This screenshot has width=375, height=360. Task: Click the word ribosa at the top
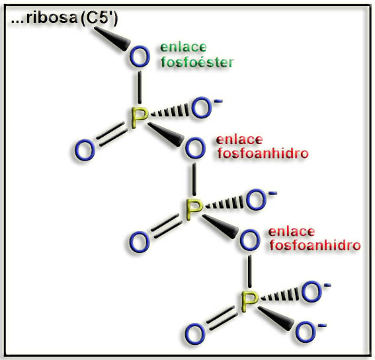pyautogui.click(x=52, y=17)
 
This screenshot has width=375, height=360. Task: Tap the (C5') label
pyautogui.click(x=99, y=18)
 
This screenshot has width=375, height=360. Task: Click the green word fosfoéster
pyautogui.click(x=197, y=62)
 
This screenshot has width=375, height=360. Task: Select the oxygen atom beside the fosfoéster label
pyautogui.click(x=140, y=56)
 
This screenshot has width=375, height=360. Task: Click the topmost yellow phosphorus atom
pyautogui.click(x=139, y=118)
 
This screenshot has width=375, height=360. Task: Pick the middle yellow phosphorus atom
pyautogui.click(x=194, y=209)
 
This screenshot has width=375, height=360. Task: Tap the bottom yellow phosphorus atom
pyautogui.click(x=249, y=301)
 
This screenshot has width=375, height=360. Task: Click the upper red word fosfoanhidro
pyautogui.click(x=263, y=153)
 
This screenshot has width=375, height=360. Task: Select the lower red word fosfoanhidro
pyautogui.click(x=315, y=245)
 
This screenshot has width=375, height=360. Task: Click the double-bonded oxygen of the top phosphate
pyautogui.click(x=85, y=150)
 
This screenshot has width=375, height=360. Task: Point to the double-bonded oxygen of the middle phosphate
pyautogui.click(x=139, y=242)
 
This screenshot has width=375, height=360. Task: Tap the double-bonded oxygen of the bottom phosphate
pyautogui.click(x=195, y=334)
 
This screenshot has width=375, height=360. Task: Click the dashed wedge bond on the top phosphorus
pyautogui.click(x=170, y=112)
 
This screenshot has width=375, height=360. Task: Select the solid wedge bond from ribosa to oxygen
pyautogui.click(x=112, y=38)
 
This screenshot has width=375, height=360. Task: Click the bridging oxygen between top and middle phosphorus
pyautogui.click(x=195, y=148)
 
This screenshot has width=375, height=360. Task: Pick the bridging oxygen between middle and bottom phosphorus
pyautogui.click(x=250, y=240)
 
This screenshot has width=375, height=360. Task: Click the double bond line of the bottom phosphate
pyautogui.click(x=222, y=318)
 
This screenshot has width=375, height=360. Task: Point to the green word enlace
pyautogui.click(x=183, y=48)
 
